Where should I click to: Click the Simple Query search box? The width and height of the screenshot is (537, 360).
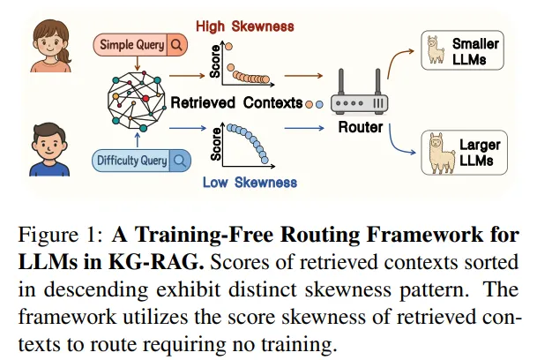[140, 45]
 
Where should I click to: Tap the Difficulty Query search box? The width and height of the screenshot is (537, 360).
[141, 161]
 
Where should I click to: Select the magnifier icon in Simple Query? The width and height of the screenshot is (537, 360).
[176, 45]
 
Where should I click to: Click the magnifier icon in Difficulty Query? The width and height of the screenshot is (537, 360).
[180, 161]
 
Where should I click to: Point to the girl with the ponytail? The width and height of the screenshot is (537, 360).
[51, 46]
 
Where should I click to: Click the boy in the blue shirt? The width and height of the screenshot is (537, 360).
[49, 149]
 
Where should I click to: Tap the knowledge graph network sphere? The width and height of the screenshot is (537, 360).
[137, 101]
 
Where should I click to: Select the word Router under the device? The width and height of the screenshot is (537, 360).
[361, 127]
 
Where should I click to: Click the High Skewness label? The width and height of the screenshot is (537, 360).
[245, 26]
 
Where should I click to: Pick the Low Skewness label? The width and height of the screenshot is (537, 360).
[250, 183]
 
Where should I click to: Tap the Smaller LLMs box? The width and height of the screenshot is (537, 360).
[462, 50]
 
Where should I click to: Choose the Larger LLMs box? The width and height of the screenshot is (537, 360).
[464, 153]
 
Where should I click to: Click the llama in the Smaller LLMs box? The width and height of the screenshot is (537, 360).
[436, 50]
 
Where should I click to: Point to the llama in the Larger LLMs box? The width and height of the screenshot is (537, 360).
[441, 153]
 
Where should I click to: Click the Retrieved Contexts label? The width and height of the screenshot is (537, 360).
[236, 103]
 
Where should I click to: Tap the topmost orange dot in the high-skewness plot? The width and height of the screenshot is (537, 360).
[228, 47]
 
